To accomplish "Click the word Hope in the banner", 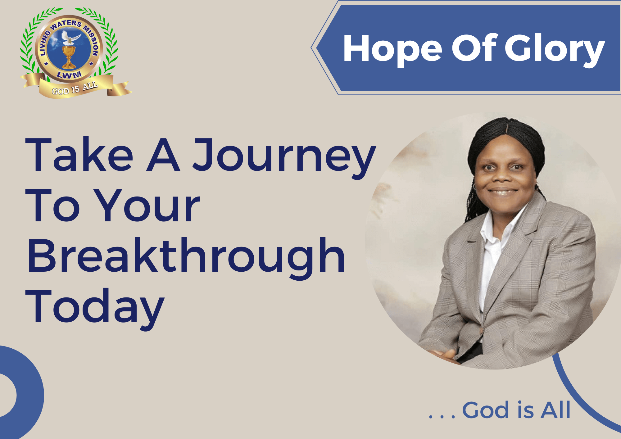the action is tap(392, 50).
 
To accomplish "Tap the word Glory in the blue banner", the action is tap(555, 50).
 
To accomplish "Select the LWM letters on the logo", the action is tap(70, 75).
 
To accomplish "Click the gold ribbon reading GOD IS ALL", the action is tap(76, 86).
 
